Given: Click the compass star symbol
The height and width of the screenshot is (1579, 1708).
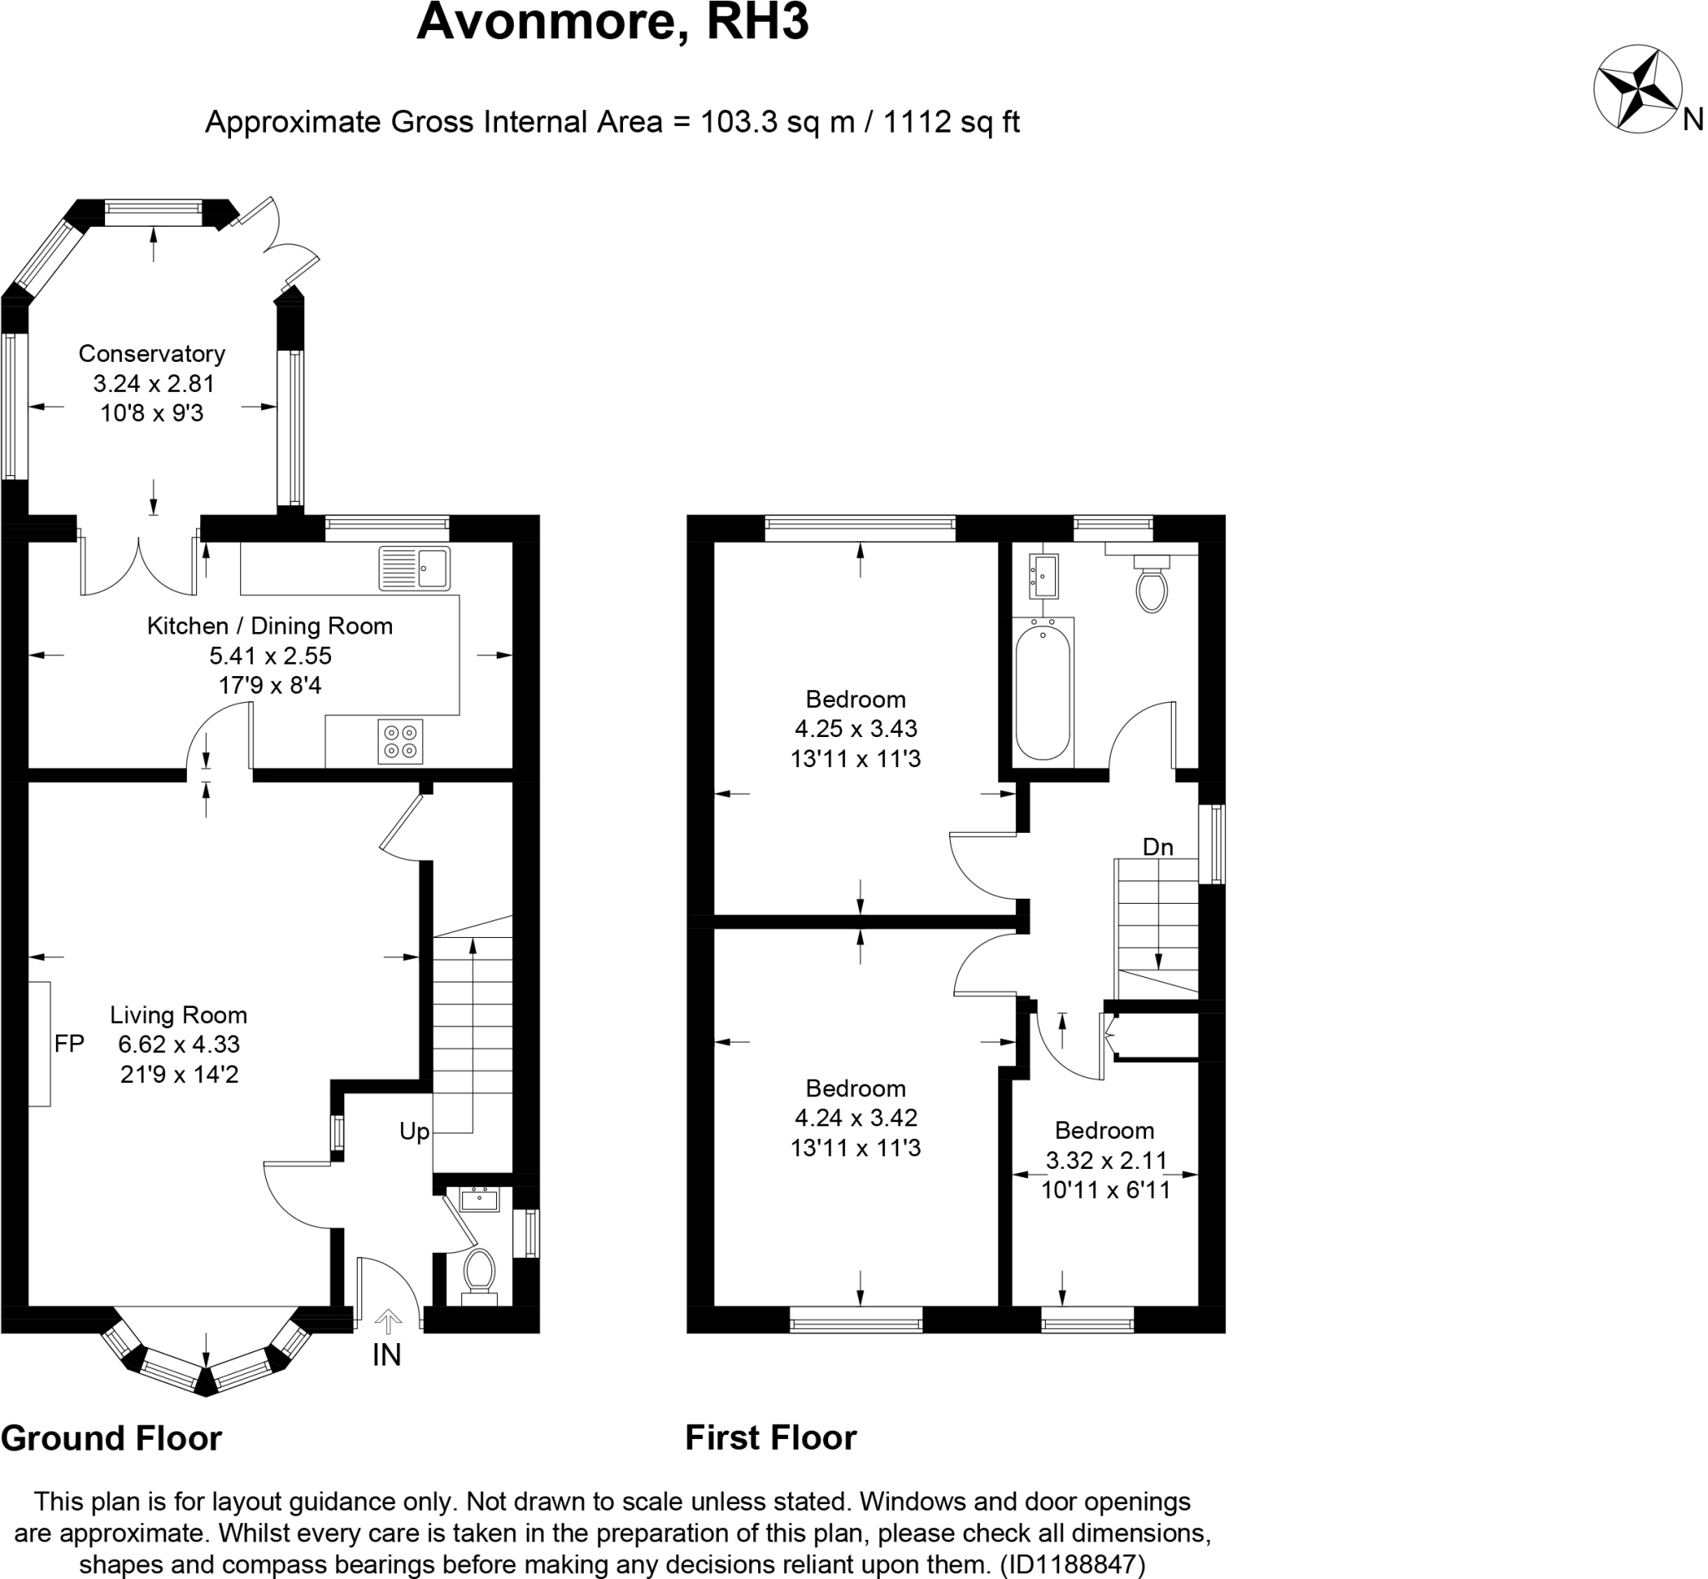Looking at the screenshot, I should (1637, 101).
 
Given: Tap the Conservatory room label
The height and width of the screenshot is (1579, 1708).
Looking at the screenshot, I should (151, 353).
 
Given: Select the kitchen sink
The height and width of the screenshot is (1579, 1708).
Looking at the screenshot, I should (414, 569).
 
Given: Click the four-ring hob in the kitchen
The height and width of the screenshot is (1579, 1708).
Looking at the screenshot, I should (400, 742).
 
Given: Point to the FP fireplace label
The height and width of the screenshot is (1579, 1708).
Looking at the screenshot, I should (69, 1044).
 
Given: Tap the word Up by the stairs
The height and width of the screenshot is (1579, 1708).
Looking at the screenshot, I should (414, 1132).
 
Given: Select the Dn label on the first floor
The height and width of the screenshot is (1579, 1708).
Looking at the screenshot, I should (1158, 847).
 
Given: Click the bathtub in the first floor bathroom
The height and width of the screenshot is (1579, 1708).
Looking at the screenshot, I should (1043, 692).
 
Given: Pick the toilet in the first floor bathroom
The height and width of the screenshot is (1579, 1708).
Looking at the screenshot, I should (1152, 584).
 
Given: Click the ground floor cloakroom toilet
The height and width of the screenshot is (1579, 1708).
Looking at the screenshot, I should (479, 1275).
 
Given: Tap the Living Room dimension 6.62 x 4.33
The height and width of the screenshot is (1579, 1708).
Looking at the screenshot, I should (178, 1044).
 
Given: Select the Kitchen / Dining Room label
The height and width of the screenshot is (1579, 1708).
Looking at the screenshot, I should (269, 626).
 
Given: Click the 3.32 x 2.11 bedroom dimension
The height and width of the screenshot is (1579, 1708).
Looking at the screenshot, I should (1105, 1160).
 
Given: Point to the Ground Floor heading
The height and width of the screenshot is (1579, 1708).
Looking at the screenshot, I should (111, 1439).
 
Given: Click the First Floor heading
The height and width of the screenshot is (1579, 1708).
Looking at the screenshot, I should (771, 1438).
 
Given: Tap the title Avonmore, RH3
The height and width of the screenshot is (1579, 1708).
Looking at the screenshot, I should (612, 23).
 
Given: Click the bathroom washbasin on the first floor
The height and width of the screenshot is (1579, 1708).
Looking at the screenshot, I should (1044, 576).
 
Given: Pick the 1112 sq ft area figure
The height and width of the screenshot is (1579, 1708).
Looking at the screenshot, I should (951, 123).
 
